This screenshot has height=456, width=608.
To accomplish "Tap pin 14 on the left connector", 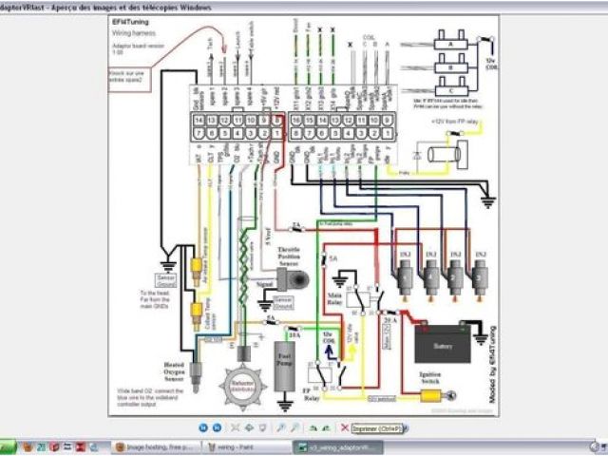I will tap(199, 122).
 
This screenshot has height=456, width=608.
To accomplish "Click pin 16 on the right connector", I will tap(296, 122).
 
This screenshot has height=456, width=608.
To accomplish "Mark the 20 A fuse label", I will tap(389, 320).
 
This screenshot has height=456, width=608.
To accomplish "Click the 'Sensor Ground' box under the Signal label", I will tap(283, 307).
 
